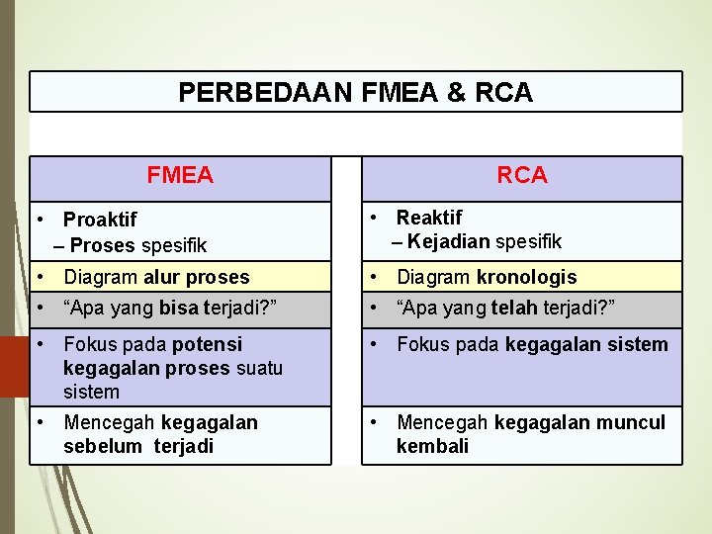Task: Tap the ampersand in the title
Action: click(x=456, y=93)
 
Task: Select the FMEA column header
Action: click(x=180, y=176)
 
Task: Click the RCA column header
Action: click(x=522, y=176)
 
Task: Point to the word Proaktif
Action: click(x=100, y=220)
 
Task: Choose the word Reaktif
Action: click(x=429, y=218)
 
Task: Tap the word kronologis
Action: click(x=526, y=277)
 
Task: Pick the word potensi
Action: click(x=207, y=344)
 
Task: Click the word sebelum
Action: click(x=103, y=446)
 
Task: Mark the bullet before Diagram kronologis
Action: click(x=374, y=277)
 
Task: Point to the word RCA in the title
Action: click(x=503, y=93)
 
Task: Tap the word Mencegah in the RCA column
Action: click(x=442, y=422)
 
